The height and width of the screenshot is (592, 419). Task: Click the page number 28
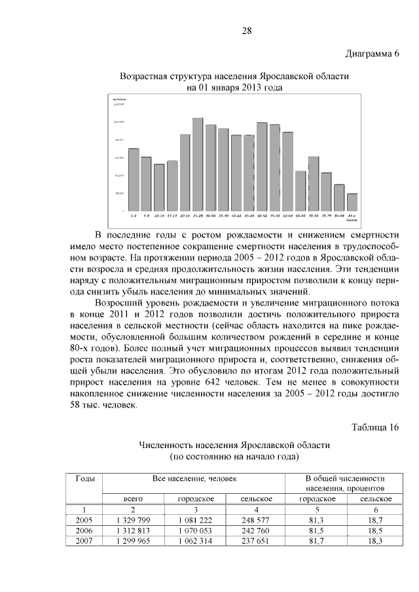247,31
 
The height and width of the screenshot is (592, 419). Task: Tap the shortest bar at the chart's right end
352,202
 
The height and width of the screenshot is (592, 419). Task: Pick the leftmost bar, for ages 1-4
134,180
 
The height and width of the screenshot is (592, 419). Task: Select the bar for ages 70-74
313,184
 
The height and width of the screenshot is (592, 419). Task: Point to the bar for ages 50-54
262,167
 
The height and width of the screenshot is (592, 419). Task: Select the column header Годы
85,479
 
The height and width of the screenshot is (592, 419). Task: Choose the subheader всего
134,498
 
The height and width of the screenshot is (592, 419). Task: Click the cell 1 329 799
134,519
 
